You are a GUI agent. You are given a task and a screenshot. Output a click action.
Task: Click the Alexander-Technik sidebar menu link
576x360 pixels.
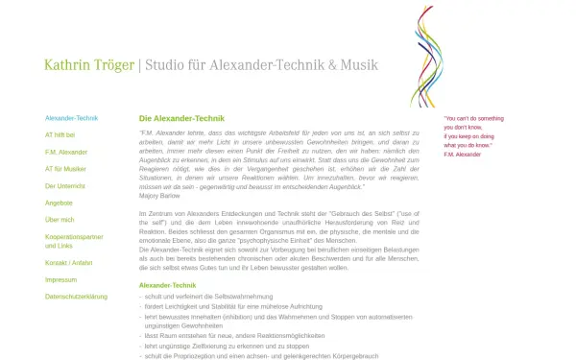[x=72, y=118]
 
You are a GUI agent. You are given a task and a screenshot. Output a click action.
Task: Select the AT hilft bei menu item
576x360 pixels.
[x=60, y=135]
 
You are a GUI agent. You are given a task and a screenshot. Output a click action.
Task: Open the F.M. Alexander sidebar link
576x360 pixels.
[x=66, y=152]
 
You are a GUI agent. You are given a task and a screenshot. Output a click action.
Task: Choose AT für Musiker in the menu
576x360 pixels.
[x=66, y=169]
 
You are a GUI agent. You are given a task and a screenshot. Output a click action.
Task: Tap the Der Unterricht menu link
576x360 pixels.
[x=65, y=185]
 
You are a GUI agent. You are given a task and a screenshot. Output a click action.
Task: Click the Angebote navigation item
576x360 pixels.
[x=59, y=203]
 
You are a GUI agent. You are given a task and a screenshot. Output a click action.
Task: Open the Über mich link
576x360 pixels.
[x=60, y=220]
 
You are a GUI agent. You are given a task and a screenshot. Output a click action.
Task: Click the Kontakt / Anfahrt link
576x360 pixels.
[x=69, y=262]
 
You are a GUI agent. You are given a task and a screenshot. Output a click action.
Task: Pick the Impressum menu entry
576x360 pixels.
[x=60, y=279]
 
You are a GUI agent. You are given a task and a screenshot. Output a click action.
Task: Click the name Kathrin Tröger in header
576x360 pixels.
[x=89, y=65]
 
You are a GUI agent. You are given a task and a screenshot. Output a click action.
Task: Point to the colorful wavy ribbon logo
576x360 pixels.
[x=426, y=55]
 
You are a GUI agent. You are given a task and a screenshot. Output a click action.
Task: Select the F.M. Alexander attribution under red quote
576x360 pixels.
[x=463, y=154]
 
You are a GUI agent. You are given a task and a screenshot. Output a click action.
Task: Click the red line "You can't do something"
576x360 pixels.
[x=473, y=118]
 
